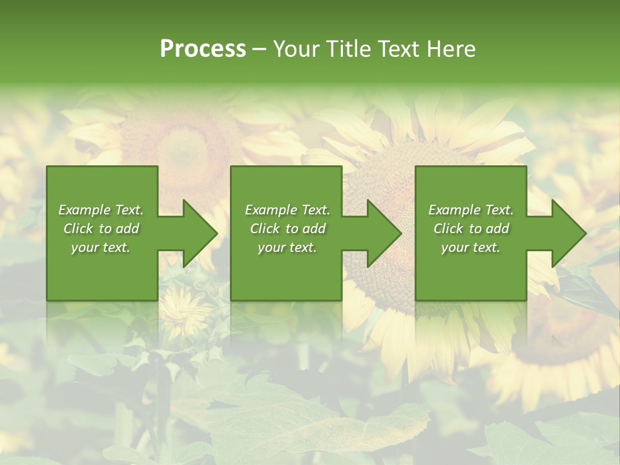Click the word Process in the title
pos(203,49)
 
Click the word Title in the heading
pos(345,49)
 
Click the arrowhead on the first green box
pos(198,233)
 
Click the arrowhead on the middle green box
pos(382,233)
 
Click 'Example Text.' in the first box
pos(101,210)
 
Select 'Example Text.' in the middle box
pos(287,210)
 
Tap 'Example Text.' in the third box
pos(471,210)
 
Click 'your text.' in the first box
pos(101,247)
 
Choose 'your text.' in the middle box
pos(287,247)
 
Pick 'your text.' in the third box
pos(471,247)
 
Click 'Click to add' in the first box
pos(101,229)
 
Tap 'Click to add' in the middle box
pos(287,229)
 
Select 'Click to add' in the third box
pos(471,229)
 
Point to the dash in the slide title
pos(259,49)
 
